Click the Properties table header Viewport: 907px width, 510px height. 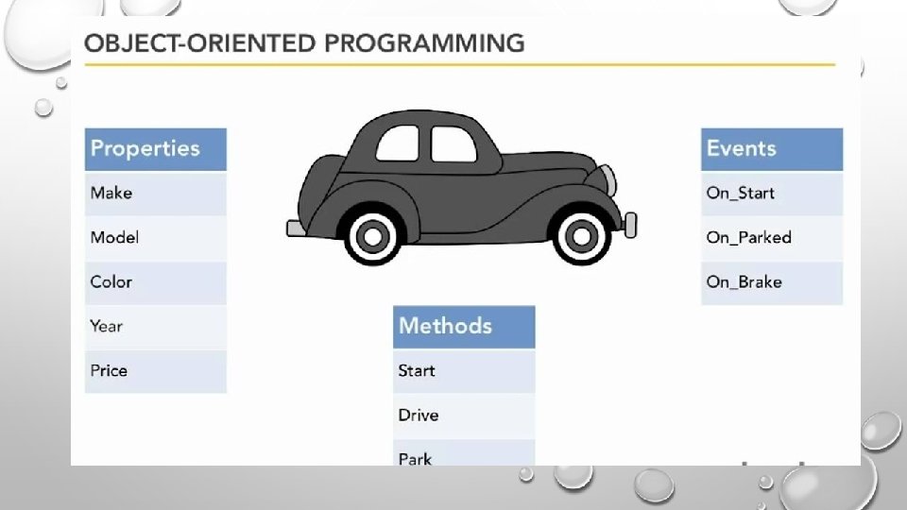coord(156,149)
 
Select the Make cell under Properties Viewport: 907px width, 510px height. coord(156,194)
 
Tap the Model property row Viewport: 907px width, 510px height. coord(156,238)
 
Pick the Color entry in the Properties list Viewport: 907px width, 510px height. coord(156,282)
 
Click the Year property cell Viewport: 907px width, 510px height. coord(156,328)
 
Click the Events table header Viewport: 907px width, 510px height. coord(772,149)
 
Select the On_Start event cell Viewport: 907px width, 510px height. coord(772,194)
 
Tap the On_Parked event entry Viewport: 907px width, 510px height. coord(772,238)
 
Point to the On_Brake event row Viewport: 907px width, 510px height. coord(772,282)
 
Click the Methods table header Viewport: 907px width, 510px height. coord(464,328)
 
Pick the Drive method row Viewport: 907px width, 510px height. coord(464,416)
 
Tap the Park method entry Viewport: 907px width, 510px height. coord(464,452)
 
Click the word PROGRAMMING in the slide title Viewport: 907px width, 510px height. coord(424,43)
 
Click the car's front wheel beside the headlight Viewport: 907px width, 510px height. coord(581,235)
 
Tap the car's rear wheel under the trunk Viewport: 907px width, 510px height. coord(373,236)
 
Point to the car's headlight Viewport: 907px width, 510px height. coord(608,179)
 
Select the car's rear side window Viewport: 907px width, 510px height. coord(398,144)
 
